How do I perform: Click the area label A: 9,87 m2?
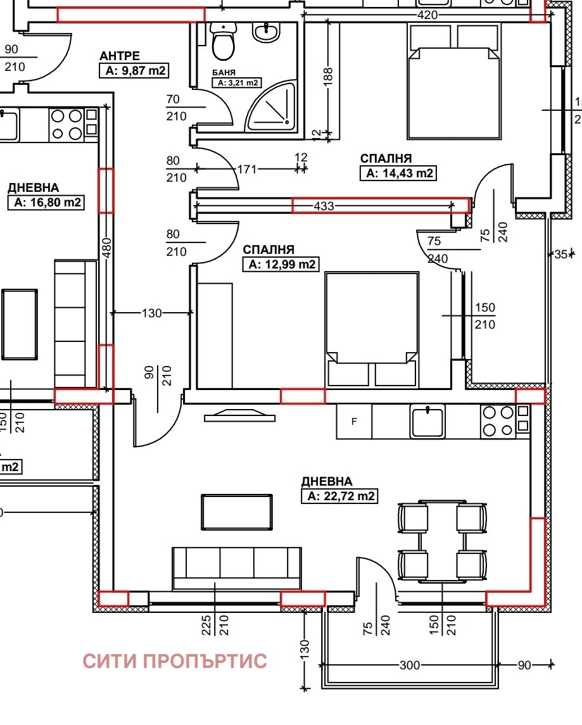tap(134, 71)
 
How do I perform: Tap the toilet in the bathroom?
tap(222, 42)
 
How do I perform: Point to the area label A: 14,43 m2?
tap(398, 173)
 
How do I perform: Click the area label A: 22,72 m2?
tap(339, 496)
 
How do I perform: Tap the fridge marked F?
tap(354, 421)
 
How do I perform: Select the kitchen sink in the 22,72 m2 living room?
tap(427, 422)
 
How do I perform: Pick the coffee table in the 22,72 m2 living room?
tap(237, 510)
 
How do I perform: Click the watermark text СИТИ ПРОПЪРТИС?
tap(175, 662)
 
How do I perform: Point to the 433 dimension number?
tap(324, 206)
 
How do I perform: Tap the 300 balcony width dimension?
tap(410, 665)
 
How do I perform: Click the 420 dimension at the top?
tap(427, 15)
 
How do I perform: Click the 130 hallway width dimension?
tap(152, 313)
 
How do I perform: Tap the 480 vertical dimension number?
tap(106, 248)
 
